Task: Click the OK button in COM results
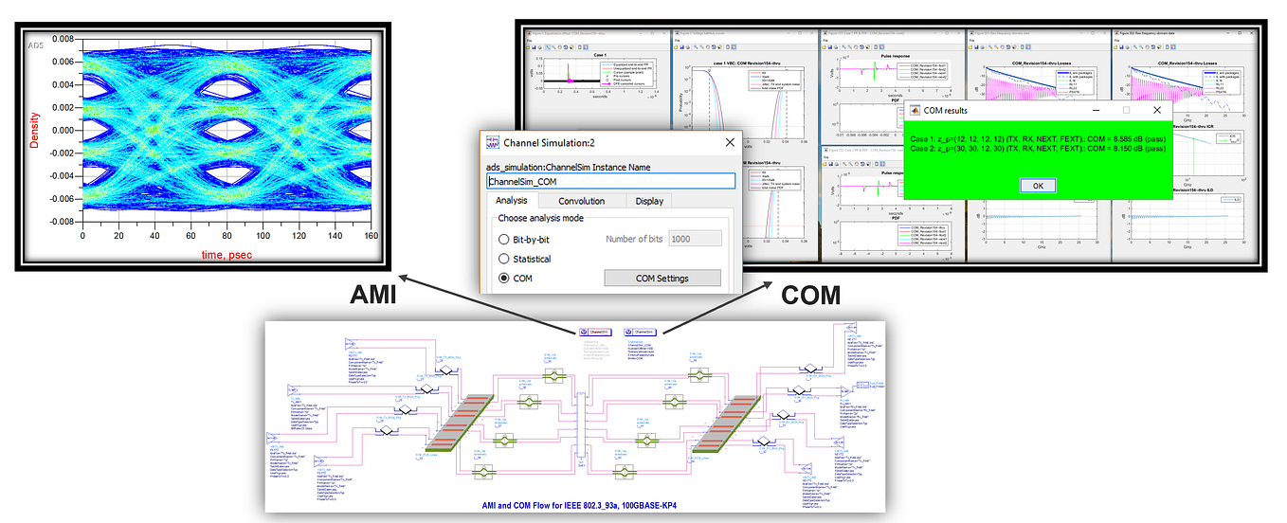tap(1038, 186)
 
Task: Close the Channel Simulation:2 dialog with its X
tap(730, 142)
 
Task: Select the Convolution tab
tap(581, 201)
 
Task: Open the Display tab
tap(649, 201)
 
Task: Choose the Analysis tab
tap(512, 201)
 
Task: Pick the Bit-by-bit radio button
tap(504, 240)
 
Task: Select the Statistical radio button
tap(504, 259)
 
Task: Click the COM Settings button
tap(662, 279)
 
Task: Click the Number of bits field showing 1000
tap(694, 240)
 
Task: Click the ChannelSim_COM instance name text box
tap(610, 181)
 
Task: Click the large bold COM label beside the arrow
tap(809, 296)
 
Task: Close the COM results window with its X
tap(1157, 110)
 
